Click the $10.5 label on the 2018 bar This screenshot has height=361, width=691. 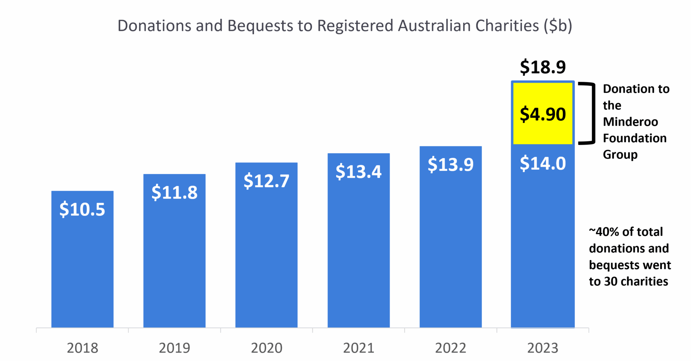coord(82,209)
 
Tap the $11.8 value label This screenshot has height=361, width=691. coord(174,192)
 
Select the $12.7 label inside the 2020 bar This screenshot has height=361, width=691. coord(266,181)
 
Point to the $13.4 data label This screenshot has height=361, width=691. coord(358,172)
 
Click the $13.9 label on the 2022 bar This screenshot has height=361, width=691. coord(451,164)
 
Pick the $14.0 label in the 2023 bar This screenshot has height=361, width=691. coord(543,164)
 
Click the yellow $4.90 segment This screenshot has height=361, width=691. coord(543,114)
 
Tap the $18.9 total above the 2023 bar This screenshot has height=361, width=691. coord(543,67)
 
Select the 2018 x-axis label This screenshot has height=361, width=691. coord(82,348)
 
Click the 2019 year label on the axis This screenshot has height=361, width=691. coord(174,348)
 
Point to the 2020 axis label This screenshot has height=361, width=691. coord(266,348)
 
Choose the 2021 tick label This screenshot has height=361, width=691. coord(358,348)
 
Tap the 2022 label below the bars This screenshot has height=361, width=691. coord(451,348)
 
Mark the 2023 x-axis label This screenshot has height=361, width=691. coord(543,348)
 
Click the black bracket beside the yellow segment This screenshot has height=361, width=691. coord(592,114)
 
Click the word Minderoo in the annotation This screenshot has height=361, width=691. coord(631,122)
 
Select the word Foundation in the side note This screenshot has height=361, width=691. coord(635,138)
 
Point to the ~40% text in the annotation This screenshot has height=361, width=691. coord(605,232)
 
